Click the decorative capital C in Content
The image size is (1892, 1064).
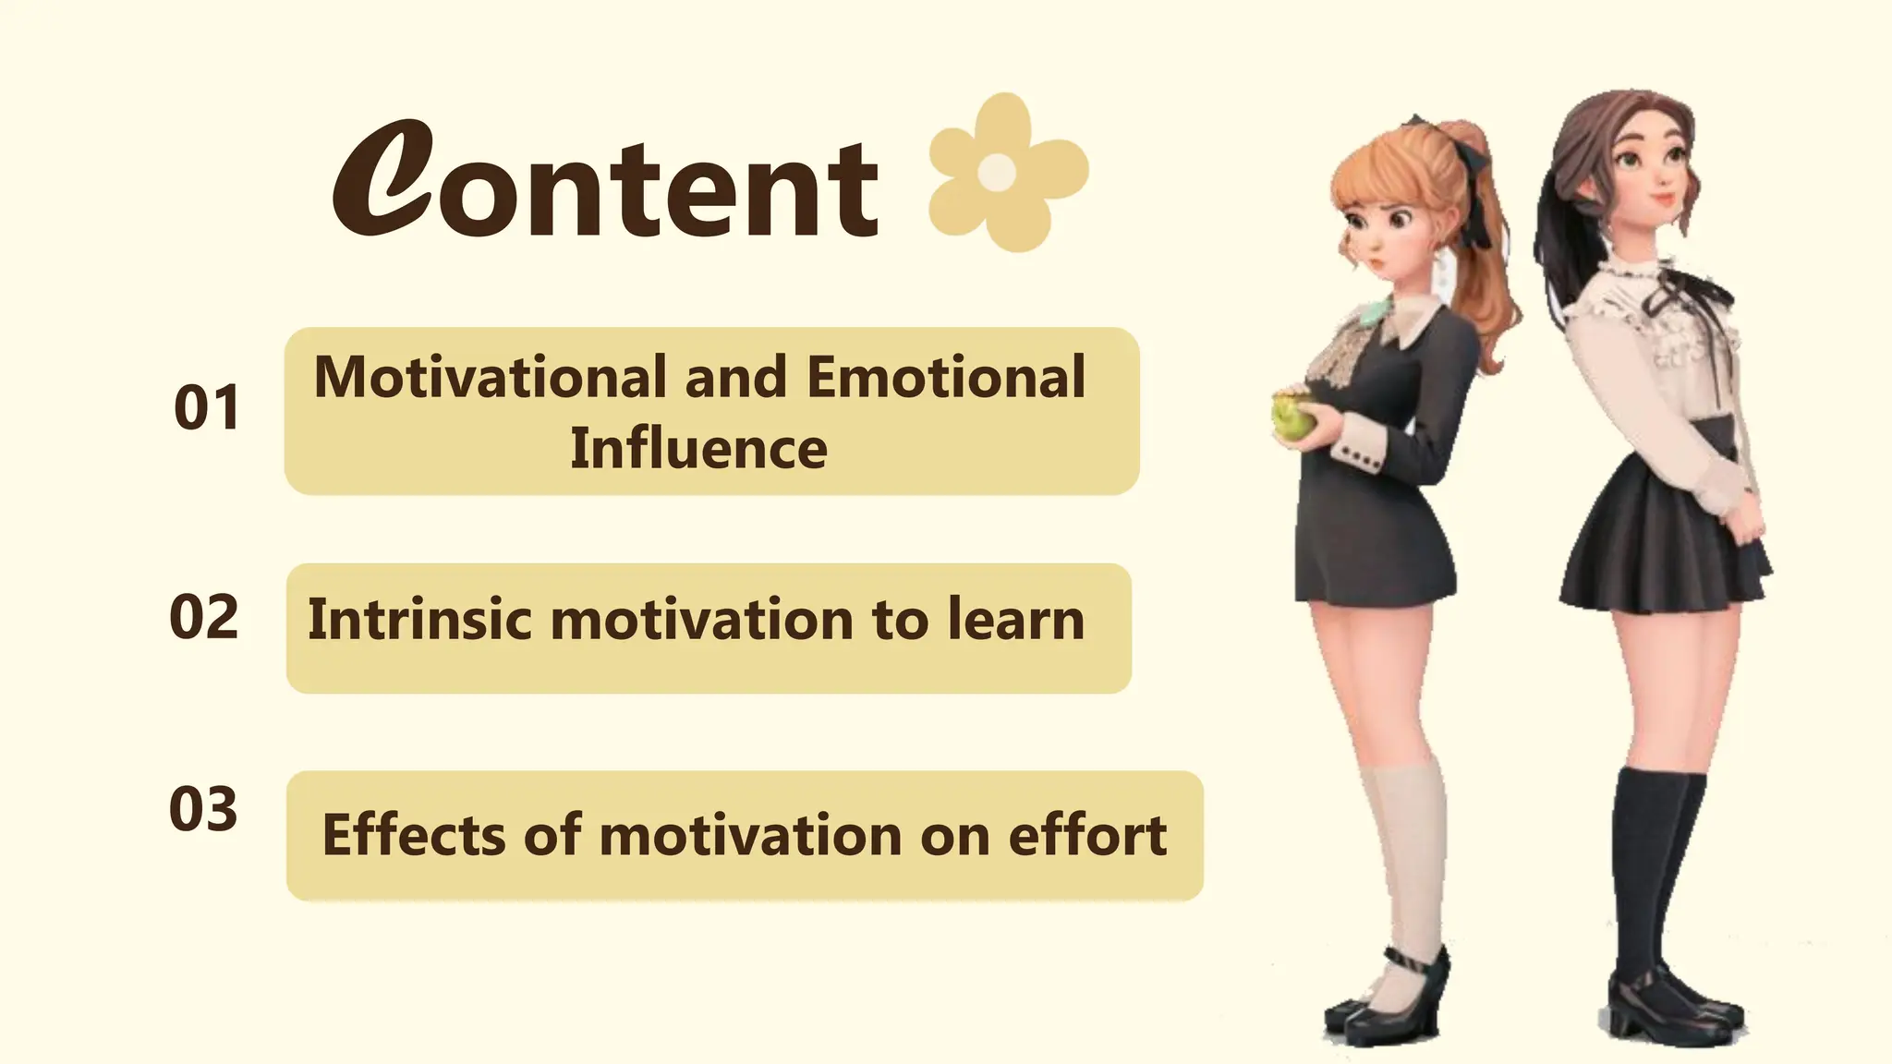pyautogui.click(x=383, y=180)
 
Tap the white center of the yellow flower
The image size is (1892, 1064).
pyautogui.click(x=997, y=172)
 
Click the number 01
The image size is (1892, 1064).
pyautogui.click(x=207, y=407)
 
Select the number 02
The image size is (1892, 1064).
pyautogui.click(x=204, y=617)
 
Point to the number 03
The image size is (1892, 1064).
pyautogui.click(x=203, y=809)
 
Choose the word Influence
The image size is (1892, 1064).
pyautogui.click(x=698, y=449)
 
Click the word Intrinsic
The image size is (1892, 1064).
pyautogui.click(x=419, y=619)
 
